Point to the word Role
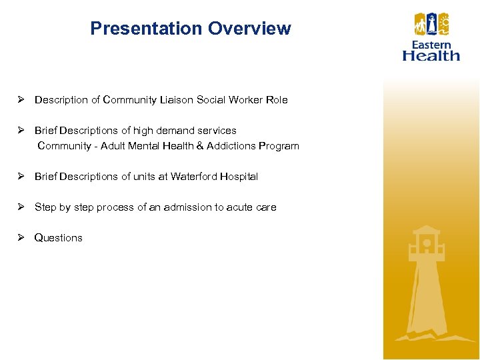point(277,100)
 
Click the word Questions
point(59,238)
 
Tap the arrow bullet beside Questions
point(21,238)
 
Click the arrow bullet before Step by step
point(21,207)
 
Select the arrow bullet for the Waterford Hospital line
point(21,177)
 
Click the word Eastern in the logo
point(431,45)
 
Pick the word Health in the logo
point(431,55)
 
